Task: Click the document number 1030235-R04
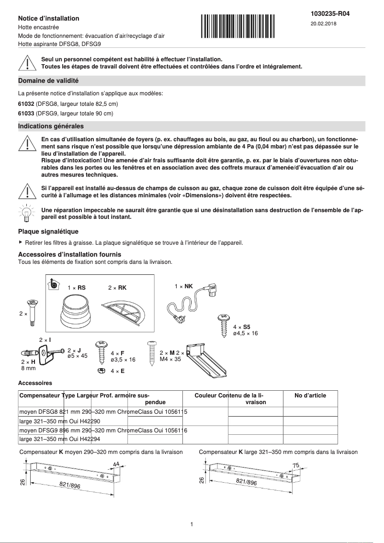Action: (330, 14)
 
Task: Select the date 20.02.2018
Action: (323, 23)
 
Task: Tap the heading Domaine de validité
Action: (48, 81)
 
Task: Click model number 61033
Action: (26, 113)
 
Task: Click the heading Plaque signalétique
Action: (48, 231)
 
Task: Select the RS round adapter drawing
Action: (77, 312)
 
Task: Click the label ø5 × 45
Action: (77, 356)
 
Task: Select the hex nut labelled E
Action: (101, 371)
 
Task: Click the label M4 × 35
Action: (170, 359)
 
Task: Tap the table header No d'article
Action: (310, 396)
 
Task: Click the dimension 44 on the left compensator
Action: (116, 464)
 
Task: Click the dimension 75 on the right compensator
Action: (295, 465)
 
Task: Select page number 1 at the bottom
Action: (192, 524)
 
